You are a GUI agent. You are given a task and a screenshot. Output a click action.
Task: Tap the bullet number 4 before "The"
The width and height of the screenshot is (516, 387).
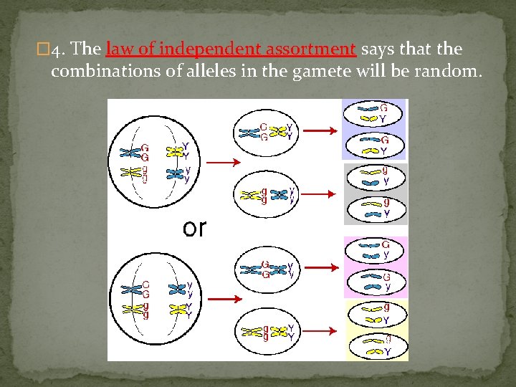point(61,50)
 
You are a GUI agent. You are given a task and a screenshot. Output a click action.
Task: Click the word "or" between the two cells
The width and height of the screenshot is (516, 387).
point(194,228)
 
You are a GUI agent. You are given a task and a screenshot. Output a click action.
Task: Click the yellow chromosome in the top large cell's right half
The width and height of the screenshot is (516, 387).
point(174,152)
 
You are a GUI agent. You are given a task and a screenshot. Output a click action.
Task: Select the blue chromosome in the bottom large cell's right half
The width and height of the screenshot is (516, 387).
point(176,289)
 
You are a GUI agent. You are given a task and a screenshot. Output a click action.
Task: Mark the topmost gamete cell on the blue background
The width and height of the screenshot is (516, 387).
point(374,113)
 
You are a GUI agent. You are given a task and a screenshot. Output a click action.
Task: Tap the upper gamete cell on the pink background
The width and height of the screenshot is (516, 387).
point(374,249)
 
